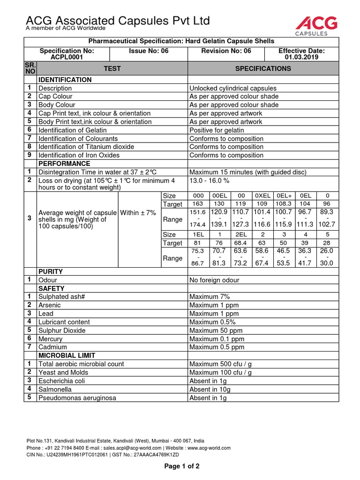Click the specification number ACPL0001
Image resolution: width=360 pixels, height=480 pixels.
(67, 57)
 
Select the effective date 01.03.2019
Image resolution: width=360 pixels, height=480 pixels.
(301, 57)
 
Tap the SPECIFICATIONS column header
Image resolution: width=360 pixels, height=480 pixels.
(263, 68)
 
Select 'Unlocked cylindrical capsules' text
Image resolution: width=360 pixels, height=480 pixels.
(233, 88)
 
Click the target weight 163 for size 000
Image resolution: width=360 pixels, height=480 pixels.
(198, 204)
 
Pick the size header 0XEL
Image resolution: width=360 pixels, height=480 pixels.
(262, 195)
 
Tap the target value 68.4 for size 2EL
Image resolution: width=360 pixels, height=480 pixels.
(241, 243)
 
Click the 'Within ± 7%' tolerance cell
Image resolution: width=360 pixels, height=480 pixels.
(138, 213)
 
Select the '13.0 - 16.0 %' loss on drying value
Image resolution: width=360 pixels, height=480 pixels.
(210, 180)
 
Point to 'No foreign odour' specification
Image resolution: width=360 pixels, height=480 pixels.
(214, 280)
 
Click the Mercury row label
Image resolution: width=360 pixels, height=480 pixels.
(50, 338)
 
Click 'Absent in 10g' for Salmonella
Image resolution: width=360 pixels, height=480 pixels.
(210, 389)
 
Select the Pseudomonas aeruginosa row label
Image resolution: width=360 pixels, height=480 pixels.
(77, 397)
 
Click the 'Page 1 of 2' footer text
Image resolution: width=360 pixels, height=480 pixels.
(181, 466)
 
